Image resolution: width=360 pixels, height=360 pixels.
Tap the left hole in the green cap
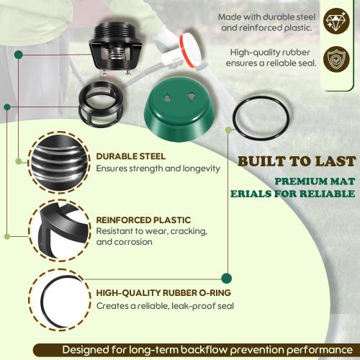[x=166, y=94]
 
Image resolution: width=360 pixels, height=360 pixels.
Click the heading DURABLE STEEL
[x=130, y=156]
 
